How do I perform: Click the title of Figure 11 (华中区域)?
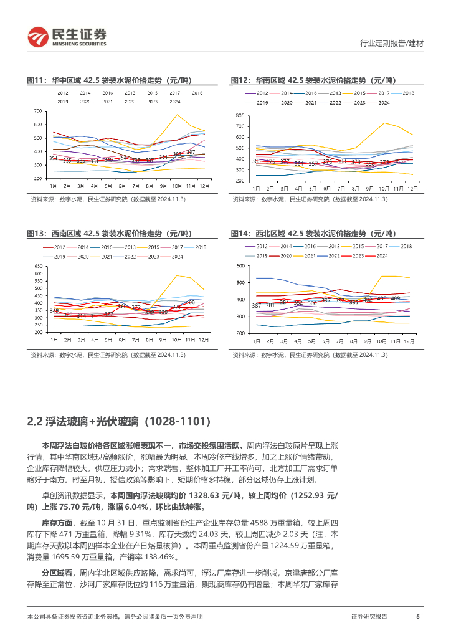coord(110,80)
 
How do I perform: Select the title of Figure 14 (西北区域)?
coord(313,233)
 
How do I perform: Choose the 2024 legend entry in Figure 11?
coord(175,102)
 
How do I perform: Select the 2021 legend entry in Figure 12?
coord(310,102)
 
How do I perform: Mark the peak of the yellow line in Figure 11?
coord(177,115)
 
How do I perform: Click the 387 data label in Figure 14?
coord(256,305)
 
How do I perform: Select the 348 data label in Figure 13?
coord(54,310)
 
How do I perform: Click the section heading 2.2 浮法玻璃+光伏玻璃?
coord(123,422)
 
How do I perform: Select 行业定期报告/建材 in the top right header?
coord(392,44)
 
